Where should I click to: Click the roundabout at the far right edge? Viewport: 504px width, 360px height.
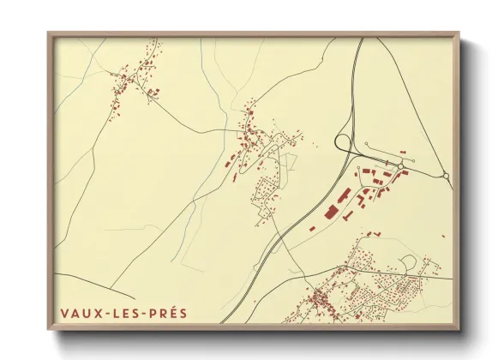tap(446, 176)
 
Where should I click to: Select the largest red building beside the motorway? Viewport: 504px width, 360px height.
tap(331, 211)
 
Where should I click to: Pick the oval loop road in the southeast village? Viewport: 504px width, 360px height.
tap(408, 262)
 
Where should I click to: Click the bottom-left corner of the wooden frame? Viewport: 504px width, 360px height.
tap(49, 328)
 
